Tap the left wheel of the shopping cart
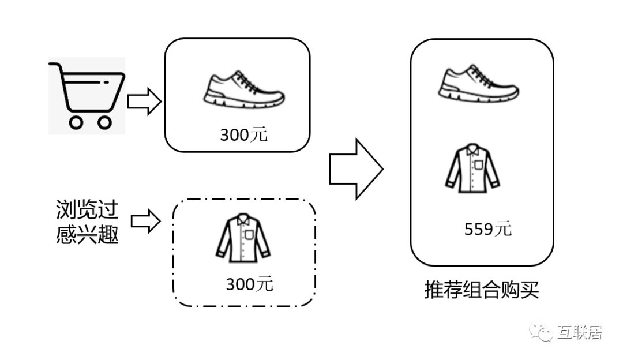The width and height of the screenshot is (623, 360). click(x=76, y=122)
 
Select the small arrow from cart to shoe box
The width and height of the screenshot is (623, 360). click(x=143, y=102)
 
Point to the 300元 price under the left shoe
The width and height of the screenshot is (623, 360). click(x=243, y=135)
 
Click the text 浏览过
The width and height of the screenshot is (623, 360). click(x=87, y=211)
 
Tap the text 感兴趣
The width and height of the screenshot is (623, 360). click(x=87, y=234)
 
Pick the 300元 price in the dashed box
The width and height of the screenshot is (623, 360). click(x=249, y=284)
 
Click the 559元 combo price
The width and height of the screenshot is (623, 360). click(x=487, y=229)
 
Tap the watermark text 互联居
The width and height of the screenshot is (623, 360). click(x=580, y=333)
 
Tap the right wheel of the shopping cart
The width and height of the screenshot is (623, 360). click(x=104, y=122)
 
